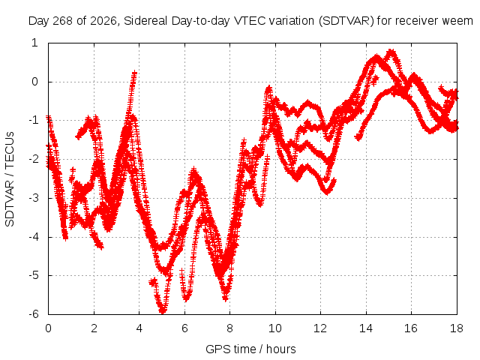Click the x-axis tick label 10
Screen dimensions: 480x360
pos(275,328)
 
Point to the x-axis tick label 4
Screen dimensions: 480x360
pos(139,328)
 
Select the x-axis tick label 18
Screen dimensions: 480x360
pos(457,328)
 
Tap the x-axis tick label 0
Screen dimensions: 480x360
pos(48,328)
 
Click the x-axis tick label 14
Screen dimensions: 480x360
pos(366,328)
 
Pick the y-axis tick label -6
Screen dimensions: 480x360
pos(34,314)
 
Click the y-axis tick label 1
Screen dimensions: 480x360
pos(35,43)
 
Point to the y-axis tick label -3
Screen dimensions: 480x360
pos(34,198)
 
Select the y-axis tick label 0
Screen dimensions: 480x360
pos(35,82)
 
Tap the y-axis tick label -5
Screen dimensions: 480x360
pos(34,275)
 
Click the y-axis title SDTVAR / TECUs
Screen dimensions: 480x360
pos(10,179)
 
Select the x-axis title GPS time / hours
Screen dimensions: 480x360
pos(250,349)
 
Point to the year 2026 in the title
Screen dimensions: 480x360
pos(103,21)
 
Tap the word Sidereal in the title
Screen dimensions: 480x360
pos(145,21)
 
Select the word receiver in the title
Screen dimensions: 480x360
pos(417,21)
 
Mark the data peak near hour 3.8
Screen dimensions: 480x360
pos(134,73)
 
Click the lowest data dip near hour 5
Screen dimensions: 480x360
pos(163,311)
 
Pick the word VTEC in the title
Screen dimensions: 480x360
pos(247,21)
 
